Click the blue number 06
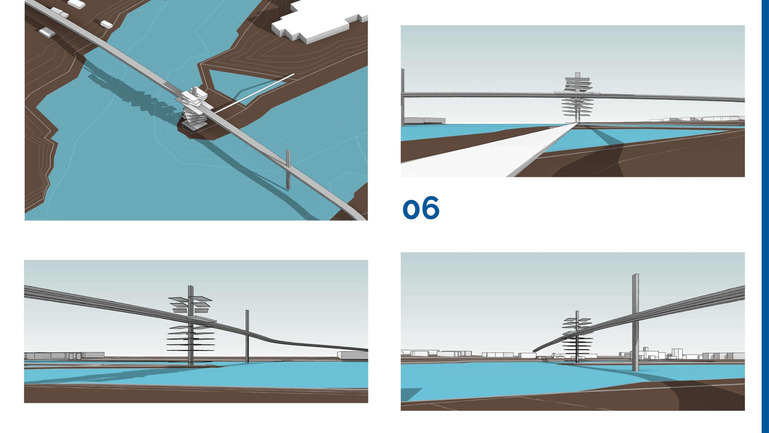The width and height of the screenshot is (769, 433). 421,208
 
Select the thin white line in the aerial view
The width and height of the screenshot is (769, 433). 256,93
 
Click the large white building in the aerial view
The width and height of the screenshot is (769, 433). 316,24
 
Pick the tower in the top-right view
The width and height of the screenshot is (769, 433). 578,98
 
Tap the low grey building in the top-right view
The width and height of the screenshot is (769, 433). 425,120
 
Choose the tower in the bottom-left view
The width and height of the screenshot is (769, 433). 191,325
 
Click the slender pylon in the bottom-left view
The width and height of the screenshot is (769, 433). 247,337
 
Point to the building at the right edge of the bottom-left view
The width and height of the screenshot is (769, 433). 352,355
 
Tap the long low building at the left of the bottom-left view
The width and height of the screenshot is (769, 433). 64,355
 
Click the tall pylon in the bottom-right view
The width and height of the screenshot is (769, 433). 635,321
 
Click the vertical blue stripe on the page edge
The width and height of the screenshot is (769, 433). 765,216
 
